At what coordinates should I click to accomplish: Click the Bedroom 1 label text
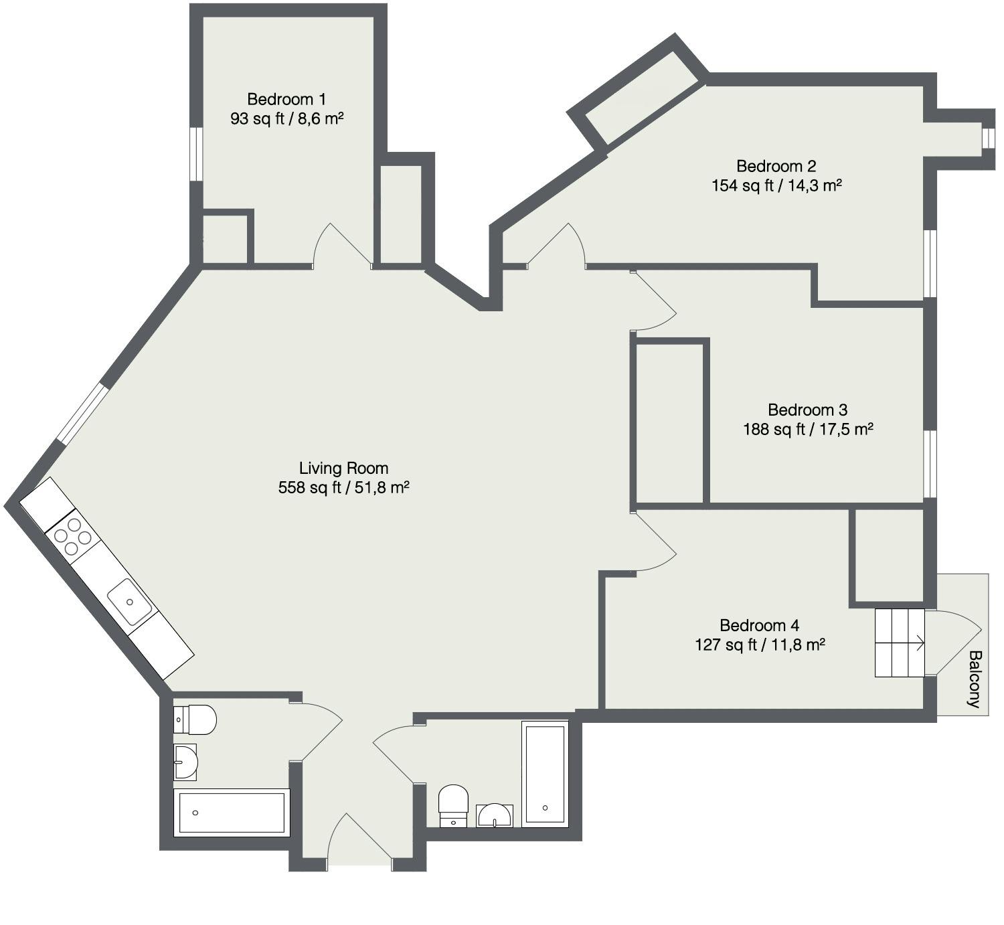(286, 100)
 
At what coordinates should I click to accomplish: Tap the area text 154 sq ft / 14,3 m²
(776, 185)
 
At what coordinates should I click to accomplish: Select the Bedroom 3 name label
(808, 410)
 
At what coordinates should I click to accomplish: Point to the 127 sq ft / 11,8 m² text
(760, 645)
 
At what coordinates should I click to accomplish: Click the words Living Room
(343, 468)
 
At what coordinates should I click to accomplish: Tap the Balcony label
(974, 679)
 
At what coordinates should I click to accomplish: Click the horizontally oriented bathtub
(231, 813)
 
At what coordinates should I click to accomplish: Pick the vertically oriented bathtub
(545, 774)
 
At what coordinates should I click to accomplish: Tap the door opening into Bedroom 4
(656, 542)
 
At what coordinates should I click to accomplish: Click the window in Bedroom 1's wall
(195, 154)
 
